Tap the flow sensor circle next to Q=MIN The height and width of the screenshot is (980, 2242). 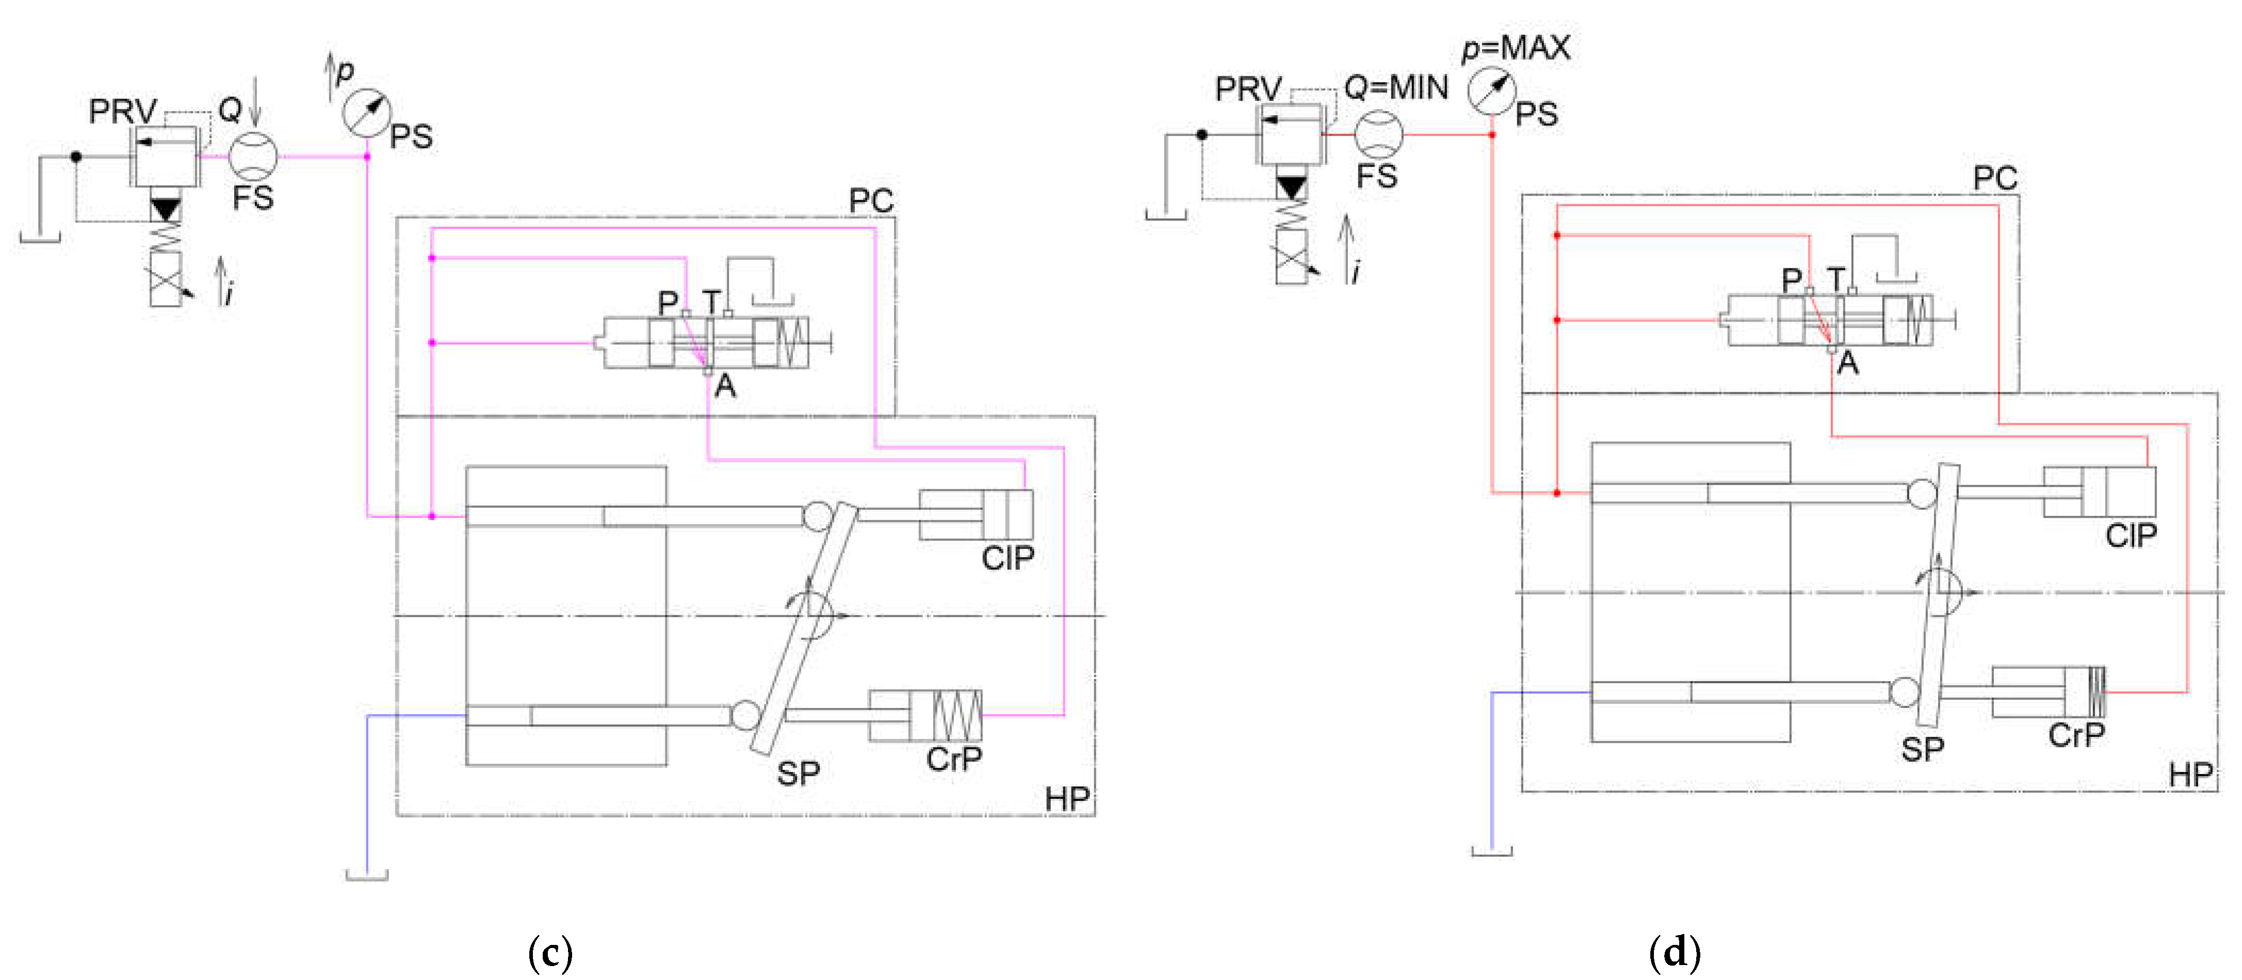[x=1378, y=134]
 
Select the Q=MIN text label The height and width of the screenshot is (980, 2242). [x=1396, y=88]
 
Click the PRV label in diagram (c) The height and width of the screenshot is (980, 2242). [x=123, y=111]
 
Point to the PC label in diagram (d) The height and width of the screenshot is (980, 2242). [x=1995, y=179]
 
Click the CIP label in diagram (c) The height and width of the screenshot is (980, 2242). [x=1008, y=558]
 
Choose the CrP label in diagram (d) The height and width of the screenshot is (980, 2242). [x=2076, y=735]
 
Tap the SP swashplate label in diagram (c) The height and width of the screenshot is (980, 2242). [x=798, y=773]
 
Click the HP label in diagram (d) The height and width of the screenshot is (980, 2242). [x=2190, y=775]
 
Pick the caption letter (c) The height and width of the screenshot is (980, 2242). [x=550, y=953]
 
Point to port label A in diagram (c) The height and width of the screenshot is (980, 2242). [x=725, y=385]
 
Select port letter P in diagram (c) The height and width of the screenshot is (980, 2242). [x=668, y=303]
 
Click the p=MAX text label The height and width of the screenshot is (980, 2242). [x=1516, y=48]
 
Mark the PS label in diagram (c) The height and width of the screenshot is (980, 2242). [x=411, y=137]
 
